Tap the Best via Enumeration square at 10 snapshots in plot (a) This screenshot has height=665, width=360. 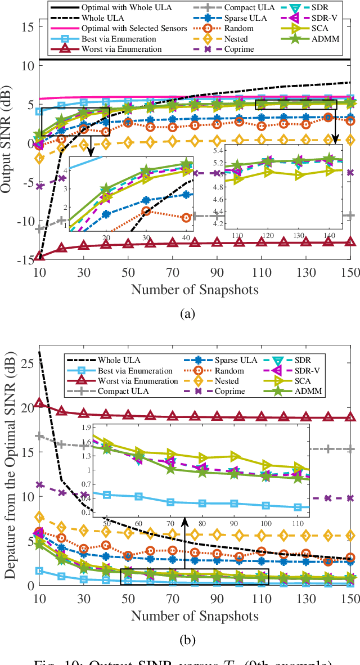(39, 111)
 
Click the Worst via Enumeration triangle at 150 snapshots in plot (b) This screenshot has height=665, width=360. (350, 417)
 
